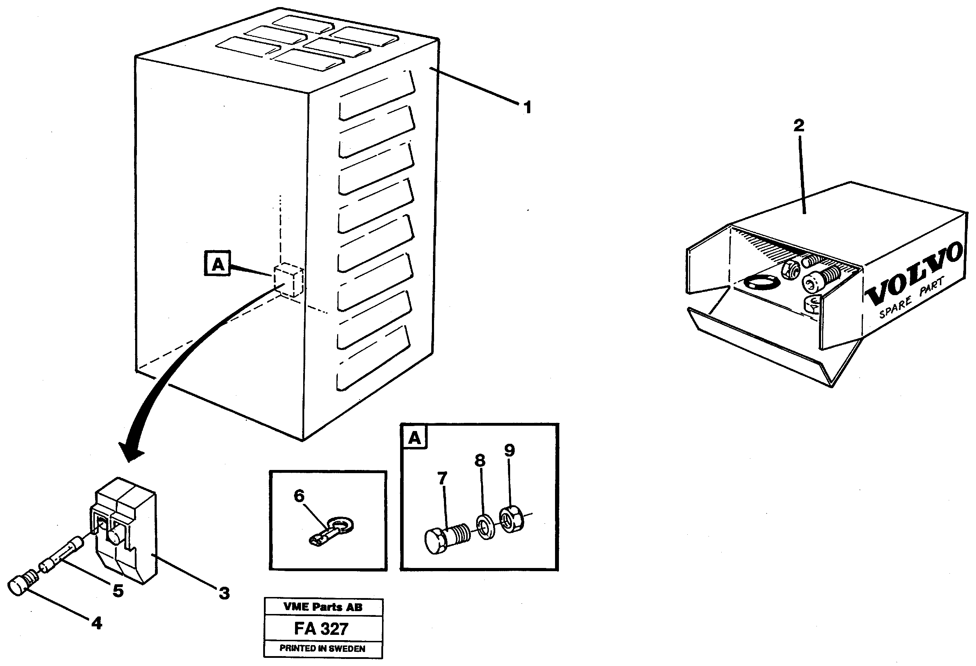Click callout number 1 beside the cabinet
[x=527, y=107]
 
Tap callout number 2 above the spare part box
[x=798, y=125]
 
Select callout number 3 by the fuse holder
[x=224, y=593]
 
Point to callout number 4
[x=97, y=623]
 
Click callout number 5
[x=118, y=590]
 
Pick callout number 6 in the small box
[x=299, y=496]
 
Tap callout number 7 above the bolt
[x=442, y=478]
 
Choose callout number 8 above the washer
[x=480, y=460]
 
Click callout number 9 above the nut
[x=509, y=450]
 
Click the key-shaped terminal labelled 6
[x=332, y=532]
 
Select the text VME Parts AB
[x=323, y=607]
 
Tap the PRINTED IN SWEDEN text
[x=323, y=648]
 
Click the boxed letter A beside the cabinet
[x=218, y=264]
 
